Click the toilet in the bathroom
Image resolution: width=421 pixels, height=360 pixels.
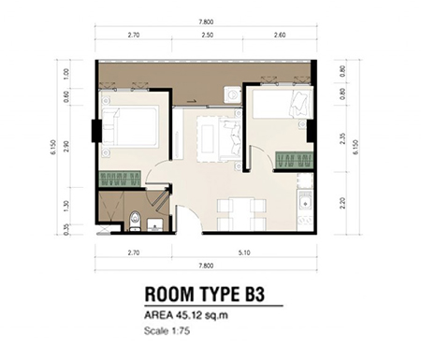point(135,221)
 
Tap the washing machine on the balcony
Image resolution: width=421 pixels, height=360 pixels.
point(232,94)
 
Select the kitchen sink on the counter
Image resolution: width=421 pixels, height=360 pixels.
point(305,201)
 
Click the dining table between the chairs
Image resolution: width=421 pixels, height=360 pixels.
point(241,214)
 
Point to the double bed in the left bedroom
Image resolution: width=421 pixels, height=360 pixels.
point(130,126)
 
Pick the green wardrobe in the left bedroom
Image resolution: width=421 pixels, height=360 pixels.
point(120,180)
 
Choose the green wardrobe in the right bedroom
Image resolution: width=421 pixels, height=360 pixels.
point(294,160)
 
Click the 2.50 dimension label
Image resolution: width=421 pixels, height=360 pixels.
point(207,35)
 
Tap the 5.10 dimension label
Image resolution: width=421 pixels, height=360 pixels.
point(244,252)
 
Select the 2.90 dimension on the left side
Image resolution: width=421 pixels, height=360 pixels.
point(66,146)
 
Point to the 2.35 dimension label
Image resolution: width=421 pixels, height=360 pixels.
point(342,138)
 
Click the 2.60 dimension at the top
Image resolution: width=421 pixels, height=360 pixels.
point(280,35)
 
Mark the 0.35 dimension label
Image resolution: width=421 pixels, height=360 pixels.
point(66,229)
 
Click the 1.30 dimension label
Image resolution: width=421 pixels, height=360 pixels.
point(66,206)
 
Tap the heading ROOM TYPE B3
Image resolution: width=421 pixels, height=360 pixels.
point(205,295)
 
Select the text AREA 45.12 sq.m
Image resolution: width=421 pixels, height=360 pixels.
point(186,315)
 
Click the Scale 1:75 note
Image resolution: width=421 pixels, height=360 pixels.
point(167,330)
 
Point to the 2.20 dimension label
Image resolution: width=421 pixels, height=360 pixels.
point(342,203)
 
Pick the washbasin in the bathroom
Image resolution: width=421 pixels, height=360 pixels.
point(154,225)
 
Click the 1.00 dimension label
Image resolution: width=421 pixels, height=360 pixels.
point(66,74)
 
